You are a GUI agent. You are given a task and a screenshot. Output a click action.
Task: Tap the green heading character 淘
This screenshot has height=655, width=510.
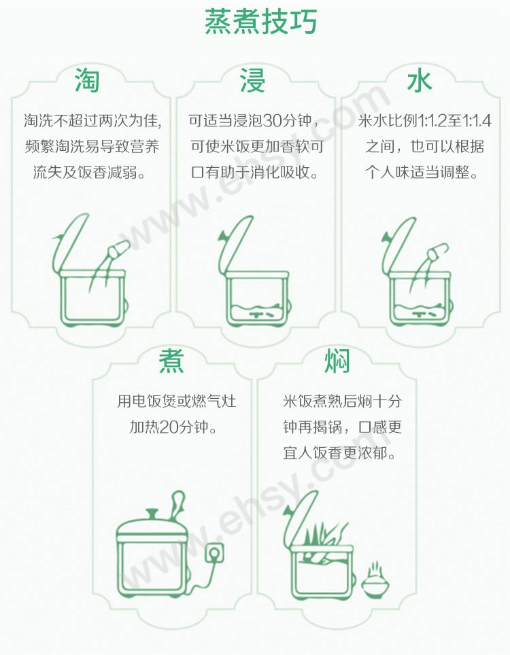[87, 80]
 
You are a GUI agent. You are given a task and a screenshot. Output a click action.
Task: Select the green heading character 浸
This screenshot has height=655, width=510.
[252, 80]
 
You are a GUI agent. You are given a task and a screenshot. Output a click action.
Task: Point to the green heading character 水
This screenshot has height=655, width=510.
[420, 80]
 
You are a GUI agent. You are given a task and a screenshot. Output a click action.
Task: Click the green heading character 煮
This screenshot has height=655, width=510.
[171, 361]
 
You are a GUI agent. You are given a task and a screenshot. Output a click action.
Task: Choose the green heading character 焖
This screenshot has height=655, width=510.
[337, 361]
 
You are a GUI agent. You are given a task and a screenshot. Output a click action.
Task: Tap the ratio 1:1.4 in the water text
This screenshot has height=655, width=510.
[477, 121]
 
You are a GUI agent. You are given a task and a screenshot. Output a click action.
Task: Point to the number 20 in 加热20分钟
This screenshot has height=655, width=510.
[169, 427]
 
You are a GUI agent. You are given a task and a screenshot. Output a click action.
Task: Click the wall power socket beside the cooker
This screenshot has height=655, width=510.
[214, 554]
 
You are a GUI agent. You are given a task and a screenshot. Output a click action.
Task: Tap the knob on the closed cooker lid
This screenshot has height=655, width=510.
[152, 514]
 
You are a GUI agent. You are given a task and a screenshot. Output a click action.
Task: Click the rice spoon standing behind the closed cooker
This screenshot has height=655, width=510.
[178, 506]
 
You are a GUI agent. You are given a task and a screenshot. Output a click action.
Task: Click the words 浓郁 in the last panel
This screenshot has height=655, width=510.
[373, 453]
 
